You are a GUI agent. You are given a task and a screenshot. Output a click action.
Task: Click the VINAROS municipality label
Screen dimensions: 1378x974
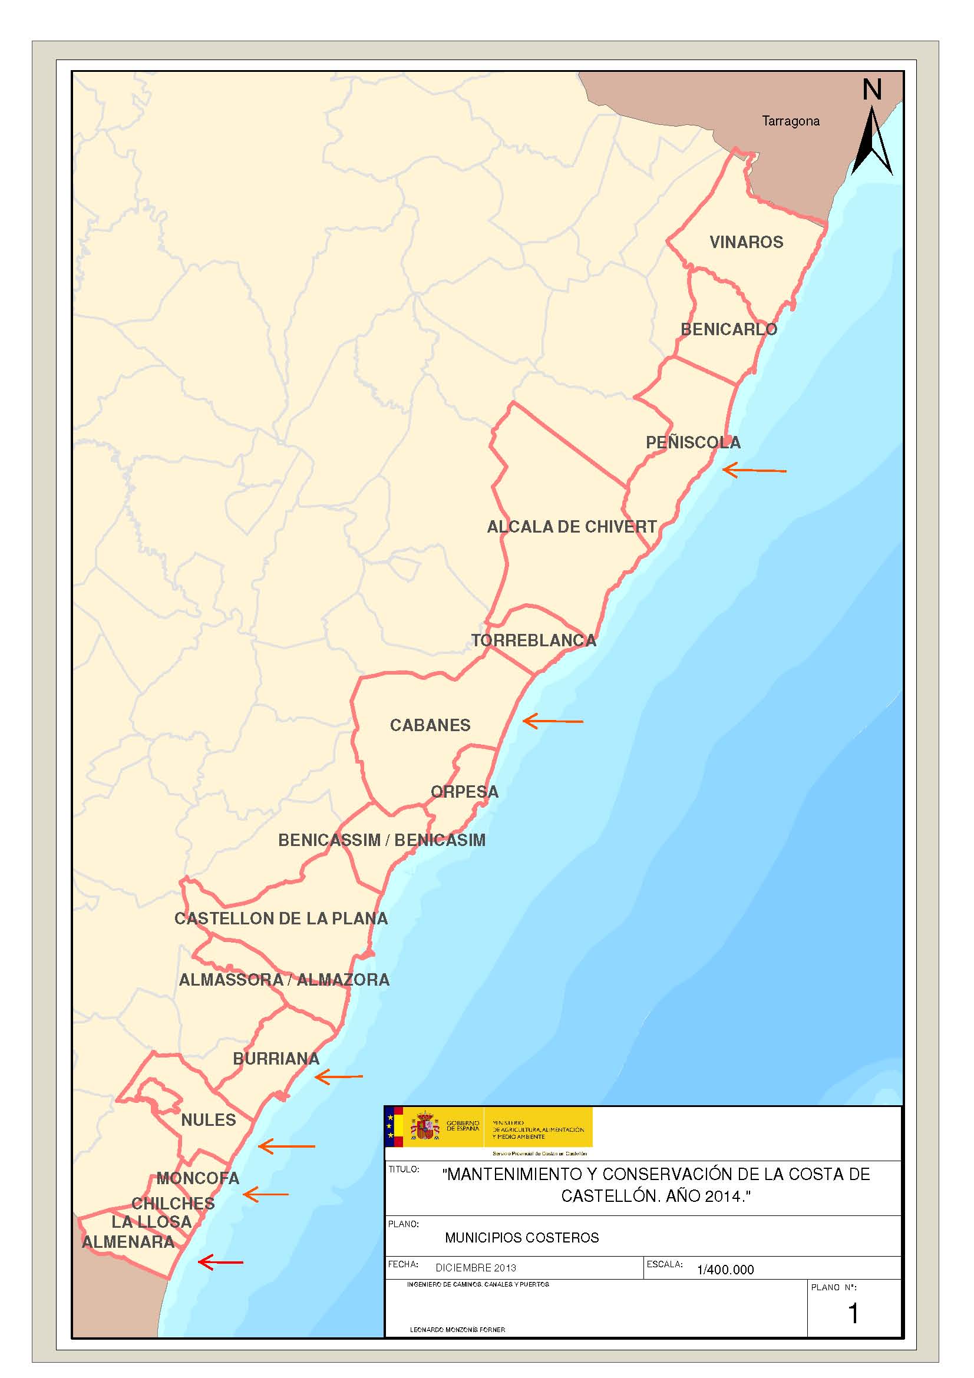tap(746, 242)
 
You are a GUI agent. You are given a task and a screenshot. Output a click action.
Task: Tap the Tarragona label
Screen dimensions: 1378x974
tap(790, 121)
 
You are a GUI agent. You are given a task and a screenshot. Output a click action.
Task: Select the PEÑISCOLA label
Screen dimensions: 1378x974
tap(692, 442)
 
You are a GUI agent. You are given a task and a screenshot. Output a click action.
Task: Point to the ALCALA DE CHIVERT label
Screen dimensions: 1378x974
tap(572, 527)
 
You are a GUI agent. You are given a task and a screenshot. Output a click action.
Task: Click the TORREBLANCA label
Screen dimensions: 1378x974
tap(533, 640)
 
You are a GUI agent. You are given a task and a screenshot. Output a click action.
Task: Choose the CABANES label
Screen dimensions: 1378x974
tap(430, 725)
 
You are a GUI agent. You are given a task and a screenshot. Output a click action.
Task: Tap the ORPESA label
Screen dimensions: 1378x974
tap(464, 792)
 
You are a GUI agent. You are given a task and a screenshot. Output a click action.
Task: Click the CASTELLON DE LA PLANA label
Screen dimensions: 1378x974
tap(281, 918)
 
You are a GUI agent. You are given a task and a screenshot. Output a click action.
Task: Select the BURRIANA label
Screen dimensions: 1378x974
tap(276, 1059)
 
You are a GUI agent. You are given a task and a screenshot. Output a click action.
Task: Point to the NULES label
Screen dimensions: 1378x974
tap(208, 1120)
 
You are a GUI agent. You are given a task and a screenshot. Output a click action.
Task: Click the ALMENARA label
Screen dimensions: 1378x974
tap(128, 1242)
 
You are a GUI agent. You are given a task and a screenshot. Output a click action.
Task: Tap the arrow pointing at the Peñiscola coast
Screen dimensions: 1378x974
tap(754, 471)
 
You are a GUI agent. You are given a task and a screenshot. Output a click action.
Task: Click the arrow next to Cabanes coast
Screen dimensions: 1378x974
tap(553, 722)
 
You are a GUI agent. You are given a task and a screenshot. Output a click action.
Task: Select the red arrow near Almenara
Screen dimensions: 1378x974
tap(220, 1262)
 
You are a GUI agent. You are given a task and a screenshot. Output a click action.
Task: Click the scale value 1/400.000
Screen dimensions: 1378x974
tap(725, 1270)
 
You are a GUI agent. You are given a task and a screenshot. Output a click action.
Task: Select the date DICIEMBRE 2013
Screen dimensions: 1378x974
tap(476, 1268)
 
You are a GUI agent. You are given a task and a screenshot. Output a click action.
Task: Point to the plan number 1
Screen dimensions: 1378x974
tap(853, 1313)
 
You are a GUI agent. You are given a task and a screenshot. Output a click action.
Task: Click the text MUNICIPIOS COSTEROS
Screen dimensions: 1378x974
tap(521, 1237)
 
